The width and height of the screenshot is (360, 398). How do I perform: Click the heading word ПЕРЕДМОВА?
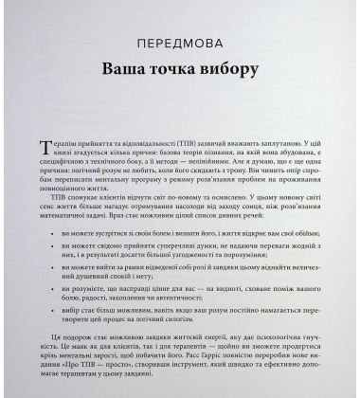coord(180,45)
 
